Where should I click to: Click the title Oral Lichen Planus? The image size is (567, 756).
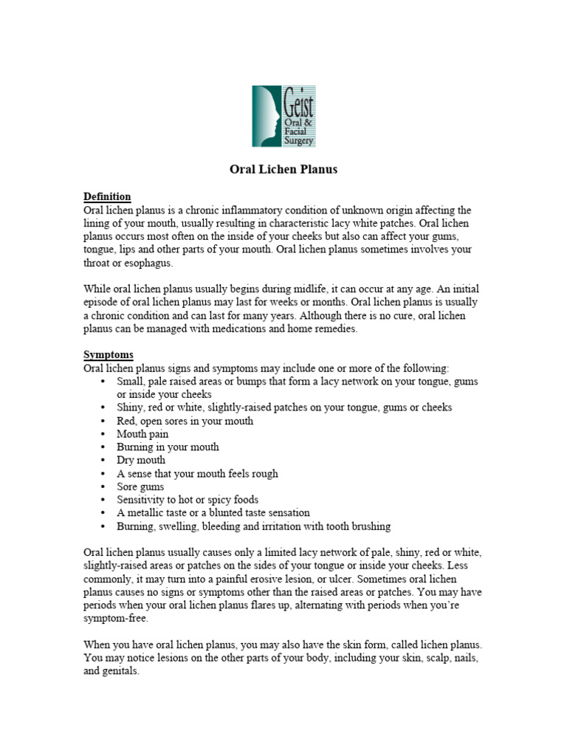(x=283, y=169)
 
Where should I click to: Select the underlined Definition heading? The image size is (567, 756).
(x=107, y=196)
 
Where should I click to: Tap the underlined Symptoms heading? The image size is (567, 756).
(x=109, y=354)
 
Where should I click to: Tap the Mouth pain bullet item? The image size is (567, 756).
(x=142, y=434)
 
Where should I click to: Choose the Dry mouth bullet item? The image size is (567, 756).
(x=141, y=460)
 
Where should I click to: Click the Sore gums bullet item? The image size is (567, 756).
(x=140, y=487)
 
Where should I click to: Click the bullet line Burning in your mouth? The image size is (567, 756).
(x=168, y=447)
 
